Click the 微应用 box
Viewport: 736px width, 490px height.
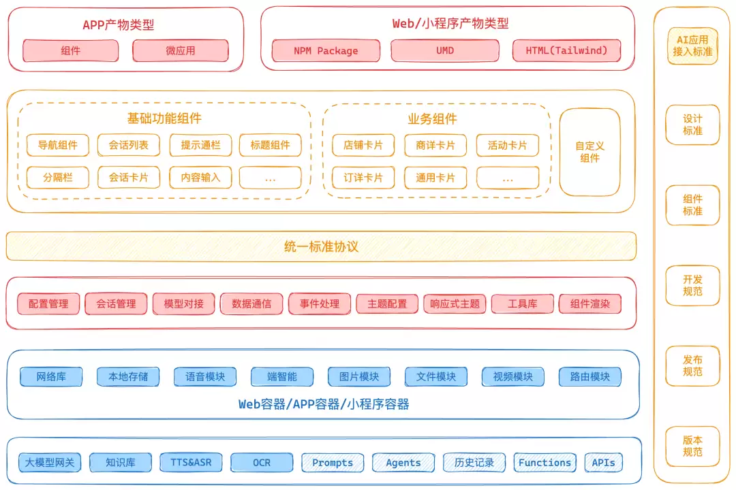(x=180, y=50)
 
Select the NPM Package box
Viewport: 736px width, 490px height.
(x=326, y=50)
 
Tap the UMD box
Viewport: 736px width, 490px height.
(x=445, y=50)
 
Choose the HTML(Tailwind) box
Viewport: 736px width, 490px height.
(x=566, y=50)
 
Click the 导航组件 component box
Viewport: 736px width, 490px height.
(x=58, y=146)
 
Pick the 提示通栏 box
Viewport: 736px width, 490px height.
(x=200, y=146)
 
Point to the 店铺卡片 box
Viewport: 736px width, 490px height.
(x=363, y=146)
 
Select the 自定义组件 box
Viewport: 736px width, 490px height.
(x=590, y=152)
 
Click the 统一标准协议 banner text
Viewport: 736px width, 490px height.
(x=322, y=246)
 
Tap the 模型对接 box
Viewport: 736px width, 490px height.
(x=183, y=304)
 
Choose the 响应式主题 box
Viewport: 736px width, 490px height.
(x=455, y=304)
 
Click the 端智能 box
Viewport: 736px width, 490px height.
(x=282, y=376)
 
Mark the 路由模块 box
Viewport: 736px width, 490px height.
(x=590, y=376)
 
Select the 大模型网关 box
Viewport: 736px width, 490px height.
(x=50, y=463)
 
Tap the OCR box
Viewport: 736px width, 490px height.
(x=262, y=463)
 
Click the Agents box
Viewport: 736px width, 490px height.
(x=403, y=463)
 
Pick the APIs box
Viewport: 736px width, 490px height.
(x=604, y=463)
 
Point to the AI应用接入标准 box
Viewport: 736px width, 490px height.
(x=692, y=46)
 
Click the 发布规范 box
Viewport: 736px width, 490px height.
(x=692, y=365)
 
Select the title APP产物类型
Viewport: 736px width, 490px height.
(x=119, y=25)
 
